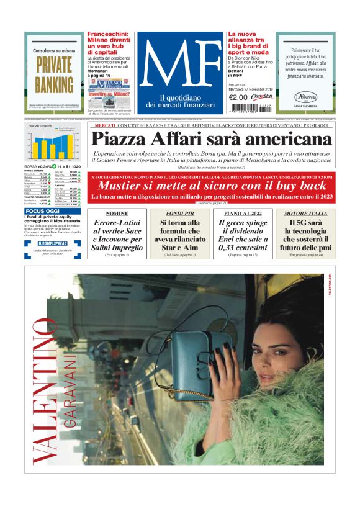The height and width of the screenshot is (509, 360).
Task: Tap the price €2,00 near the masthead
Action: pyautogui.click(x=238, y=97)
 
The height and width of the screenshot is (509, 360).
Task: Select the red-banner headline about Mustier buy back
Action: pyautogui.click(x=212, y=185)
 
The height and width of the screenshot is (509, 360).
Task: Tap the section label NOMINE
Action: pyautogui.click(x=117, y=213)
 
